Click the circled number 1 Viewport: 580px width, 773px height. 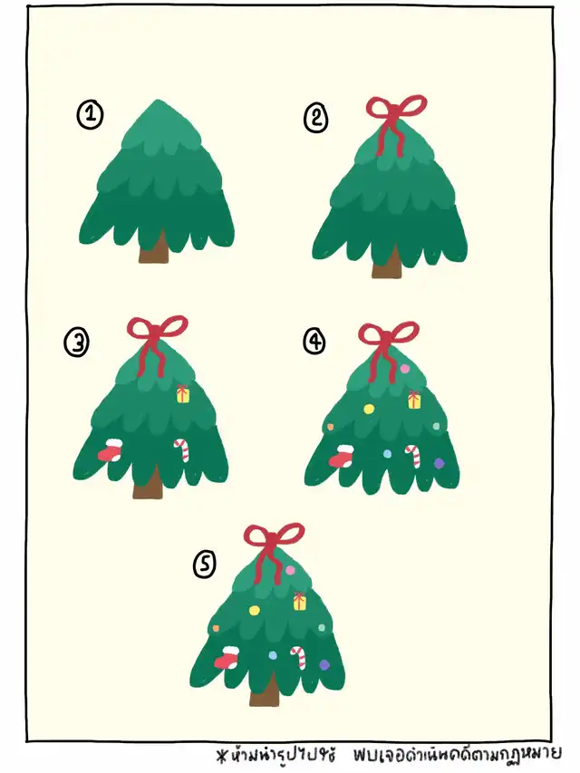tap(90, 115)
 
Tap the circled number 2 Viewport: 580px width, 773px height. tap(315, 119)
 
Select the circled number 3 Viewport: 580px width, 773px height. tap(76, 343)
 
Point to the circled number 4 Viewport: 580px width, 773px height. tap(315, 341)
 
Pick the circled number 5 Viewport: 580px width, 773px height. tap(204, 564)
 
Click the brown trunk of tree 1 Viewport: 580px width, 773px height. tap(153, 248)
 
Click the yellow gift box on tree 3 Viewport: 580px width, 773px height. tap(183, 394)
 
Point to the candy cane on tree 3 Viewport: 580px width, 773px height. tap(182, 449)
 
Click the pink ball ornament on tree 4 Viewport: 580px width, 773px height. tap(405, 368)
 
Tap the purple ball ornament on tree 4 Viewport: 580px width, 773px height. tap(439, 463)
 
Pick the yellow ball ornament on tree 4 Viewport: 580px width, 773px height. tap(369, 409)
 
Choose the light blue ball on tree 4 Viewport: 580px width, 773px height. tap(388, 453)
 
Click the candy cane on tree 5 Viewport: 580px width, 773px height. tap(298, 657)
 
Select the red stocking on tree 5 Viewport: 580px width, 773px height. tap(227, 657)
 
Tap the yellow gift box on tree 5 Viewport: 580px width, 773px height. tap(300, 602)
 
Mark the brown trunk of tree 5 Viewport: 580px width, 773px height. tap(265, 691)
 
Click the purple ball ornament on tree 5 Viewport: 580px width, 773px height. tap(324, 665)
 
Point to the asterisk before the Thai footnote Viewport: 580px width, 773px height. tap(221, 756)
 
